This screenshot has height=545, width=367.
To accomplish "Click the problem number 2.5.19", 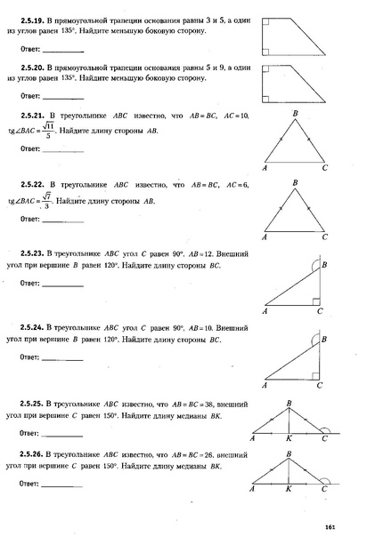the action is [31, 17].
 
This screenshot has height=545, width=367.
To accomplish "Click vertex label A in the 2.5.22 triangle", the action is [265, 238].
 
